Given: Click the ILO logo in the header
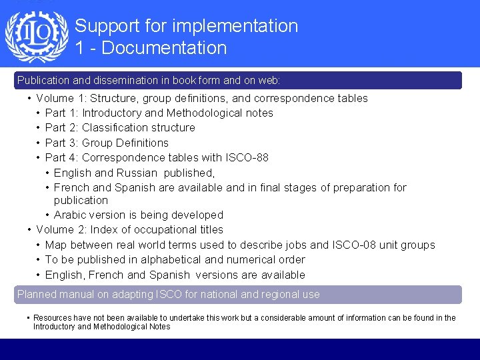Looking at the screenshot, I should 37,37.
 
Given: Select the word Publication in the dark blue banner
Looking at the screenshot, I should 43,80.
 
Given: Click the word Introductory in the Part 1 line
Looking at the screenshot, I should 111,113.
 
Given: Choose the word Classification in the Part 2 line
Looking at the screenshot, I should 116,127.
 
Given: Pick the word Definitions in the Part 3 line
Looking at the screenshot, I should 142,143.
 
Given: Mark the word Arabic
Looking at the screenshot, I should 71,215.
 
